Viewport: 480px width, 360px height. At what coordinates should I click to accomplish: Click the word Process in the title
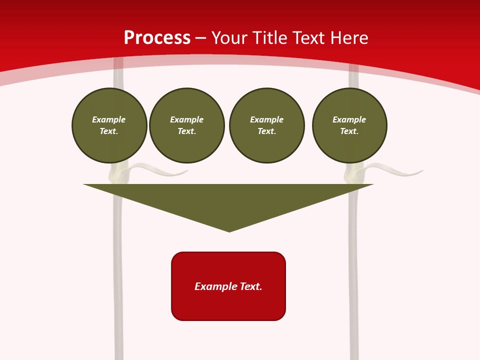click(x=157, y=38)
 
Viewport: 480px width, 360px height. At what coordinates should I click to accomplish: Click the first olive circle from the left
click(x=109, y=125)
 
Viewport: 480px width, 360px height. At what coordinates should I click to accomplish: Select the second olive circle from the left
click(x=186, y=125)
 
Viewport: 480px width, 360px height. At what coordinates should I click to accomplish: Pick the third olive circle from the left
click(x=266, y=125)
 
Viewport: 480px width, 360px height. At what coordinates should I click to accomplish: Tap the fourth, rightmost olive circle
click(x=349, y=125)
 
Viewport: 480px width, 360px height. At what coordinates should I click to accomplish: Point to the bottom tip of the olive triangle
click(x=229, y=230)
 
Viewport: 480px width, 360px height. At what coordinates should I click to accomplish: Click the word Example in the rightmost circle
click(x=349, y=119)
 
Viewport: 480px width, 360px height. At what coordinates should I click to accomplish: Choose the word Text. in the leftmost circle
click(x=109, y=131)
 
